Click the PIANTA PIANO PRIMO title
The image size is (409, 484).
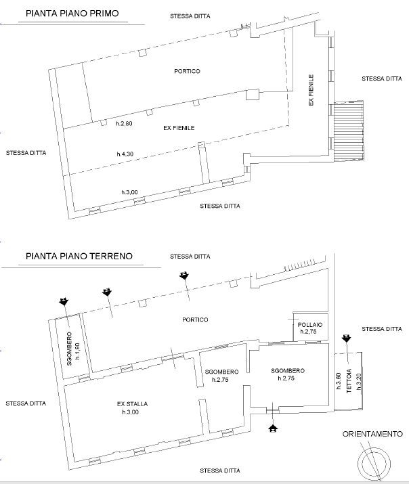click(72, 14)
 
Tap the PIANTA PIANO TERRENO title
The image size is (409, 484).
click(79, 256)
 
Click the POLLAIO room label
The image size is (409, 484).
click(310, 325)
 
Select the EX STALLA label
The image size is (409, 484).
click(132, 403)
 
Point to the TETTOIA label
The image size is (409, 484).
click(349, 381)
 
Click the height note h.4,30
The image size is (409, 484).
click(125, 154)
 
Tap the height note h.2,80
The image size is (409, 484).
click(124, 123)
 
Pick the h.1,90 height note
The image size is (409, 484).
click(77, 351)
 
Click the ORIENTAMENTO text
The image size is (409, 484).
click(372, 434)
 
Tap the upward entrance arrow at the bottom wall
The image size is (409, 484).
click(273, 428)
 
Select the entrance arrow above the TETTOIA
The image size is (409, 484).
click(346, 338)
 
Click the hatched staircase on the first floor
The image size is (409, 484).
click(349, 130)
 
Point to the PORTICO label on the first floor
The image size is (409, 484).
click(187, 71)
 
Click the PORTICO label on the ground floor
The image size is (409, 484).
click(195, 320)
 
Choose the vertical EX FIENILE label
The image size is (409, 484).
click(311, 90)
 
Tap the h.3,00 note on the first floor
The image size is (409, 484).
click(129, 192)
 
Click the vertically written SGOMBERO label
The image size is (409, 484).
click(69, 349)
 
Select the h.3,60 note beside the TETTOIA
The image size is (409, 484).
click(339, 381)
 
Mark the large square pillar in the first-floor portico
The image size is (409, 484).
click(253, 95)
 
